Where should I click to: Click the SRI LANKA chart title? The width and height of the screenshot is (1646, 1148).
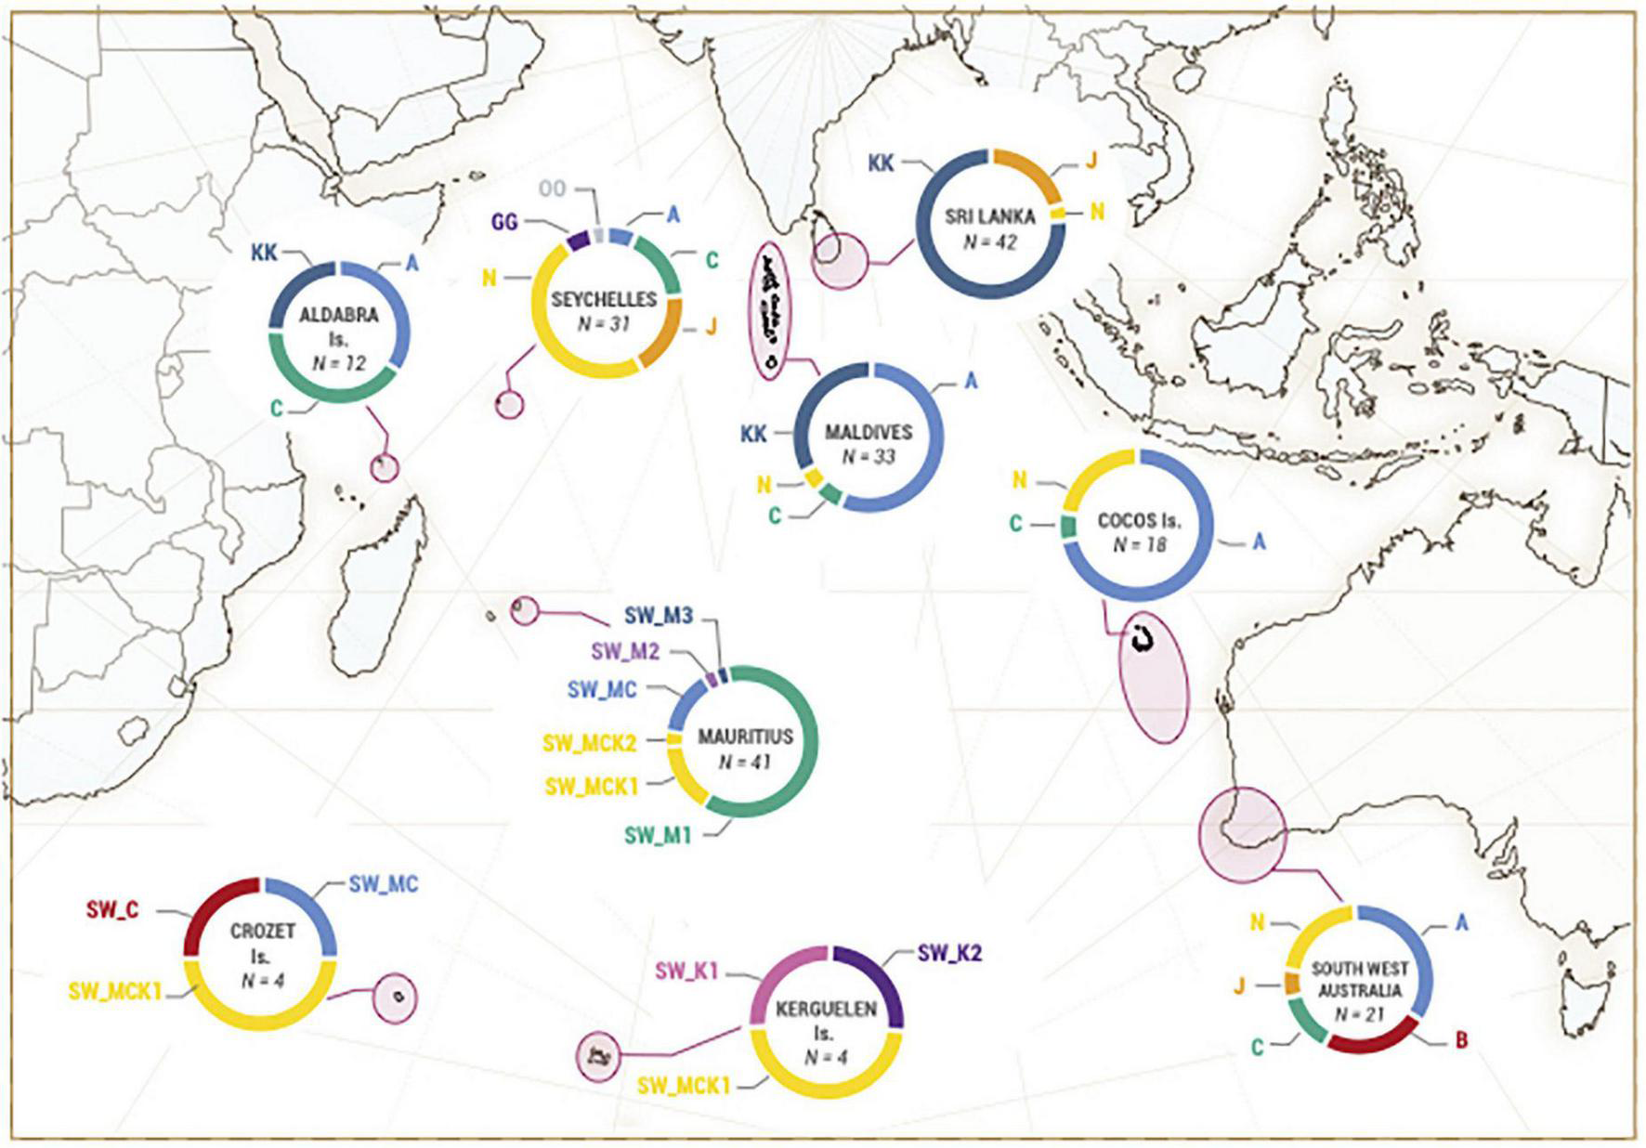point(989,216)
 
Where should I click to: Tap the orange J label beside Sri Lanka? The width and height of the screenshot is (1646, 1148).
point(1091,161)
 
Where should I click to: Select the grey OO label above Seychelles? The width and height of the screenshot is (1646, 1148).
point(552,189)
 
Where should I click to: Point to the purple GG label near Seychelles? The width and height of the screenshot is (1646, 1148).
point(504,223)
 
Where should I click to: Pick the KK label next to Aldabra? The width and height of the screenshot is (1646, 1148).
point(264,253)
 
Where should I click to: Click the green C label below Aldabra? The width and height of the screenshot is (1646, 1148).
point(276,408)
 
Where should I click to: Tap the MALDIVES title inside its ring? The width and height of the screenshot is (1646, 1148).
point(869,433)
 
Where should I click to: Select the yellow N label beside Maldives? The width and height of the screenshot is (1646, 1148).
point(764,484)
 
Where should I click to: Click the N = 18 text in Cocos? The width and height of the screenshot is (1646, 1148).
point(1139,545)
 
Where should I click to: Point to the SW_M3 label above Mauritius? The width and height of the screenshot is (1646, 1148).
point(658,616)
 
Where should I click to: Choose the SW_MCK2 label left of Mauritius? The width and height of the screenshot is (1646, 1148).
point(589,743)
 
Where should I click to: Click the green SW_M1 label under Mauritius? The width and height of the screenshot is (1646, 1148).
point(658,835)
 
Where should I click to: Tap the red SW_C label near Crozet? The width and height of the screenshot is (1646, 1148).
point(112,909)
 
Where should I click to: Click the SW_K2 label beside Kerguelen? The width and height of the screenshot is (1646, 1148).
point(949,952)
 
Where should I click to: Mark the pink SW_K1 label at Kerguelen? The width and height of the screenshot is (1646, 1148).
point(686,972)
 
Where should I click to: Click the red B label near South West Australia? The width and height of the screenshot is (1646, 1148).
point(1460,1040)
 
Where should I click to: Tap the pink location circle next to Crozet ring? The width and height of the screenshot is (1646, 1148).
point(395,998)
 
